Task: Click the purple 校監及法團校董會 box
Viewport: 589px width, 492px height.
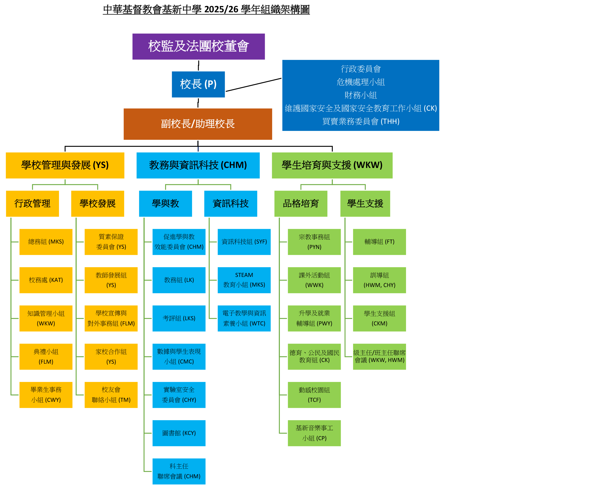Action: point(198,47)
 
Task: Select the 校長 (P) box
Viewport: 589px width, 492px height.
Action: point(198,84)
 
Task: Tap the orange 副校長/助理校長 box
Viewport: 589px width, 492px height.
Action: point(198,124)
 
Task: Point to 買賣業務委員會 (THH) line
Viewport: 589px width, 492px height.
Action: point(361,121)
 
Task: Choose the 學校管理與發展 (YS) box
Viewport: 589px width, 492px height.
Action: point(65,165)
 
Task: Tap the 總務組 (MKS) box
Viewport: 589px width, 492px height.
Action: point(46,242)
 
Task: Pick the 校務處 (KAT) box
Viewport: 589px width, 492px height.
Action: point(46,280)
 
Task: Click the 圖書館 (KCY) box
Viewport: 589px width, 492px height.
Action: point(179,433)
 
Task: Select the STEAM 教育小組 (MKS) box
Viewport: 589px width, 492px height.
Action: point(244,280)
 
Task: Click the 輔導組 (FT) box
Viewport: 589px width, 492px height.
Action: point(379,242)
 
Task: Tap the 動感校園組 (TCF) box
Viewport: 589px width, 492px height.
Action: point(314,395)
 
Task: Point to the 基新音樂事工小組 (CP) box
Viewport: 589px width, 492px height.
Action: point(314,433)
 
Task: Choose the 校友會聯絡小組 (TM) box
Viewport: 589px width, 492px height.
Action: point(111,395)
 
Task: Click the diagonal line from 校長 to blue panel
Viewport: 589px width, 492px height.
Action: point(254,85)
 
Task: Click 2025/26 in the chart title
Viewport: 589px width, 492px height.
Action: point(221,9)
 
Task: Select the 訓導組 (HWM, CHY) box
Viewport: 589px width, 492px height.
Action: point(379,280)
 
